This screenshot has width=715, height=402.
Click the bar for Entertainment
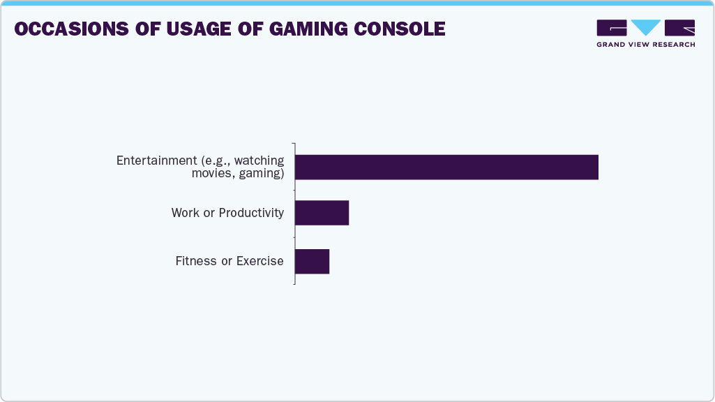pos(446,167)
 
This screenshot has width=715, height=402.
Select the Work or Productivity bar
pos(322,213)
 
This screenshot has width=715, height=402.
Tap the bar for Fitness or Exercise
pos(312,261)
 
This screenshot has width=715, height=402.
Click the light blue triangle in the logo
pos(646,27)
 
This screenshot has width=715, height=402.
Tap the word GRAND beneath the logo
pos(610,45)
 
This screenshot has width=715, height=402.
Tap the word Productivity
pos(251,213)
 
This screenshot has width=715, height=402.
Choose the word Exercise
pos(259,261)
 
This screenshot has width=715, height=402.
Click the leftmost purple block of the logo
pos(612,28)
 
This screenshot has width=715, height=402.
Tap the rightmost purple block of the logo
pos(680,28)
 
